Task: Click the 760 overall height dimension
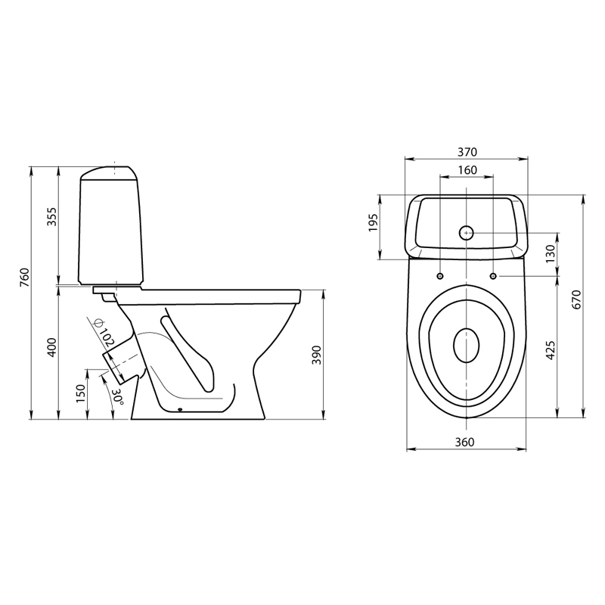[x=24, y=277]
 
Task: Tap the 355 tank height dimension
[x=52, y=217]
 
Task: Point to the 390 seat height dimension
[x=316, y=355]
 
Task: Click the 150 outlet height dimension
[x=80, y=393]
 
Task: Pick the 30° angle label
[x=117, y=396]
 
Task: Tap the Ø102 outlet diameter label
[x=105, y=332]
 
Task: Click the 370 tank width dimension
[x=467, y=152]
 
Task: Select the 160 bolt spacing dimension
[x=467, y=169]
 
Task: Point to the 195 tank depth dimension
[x=374, y=222]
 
